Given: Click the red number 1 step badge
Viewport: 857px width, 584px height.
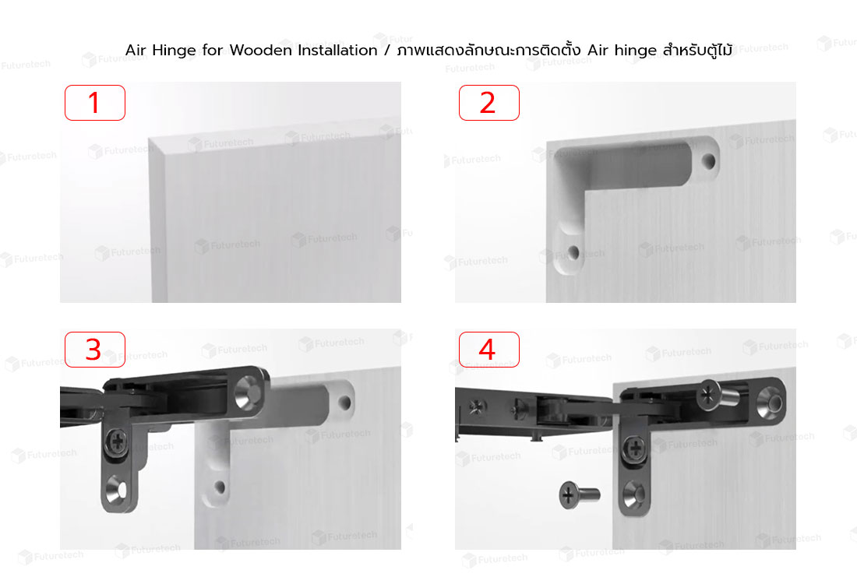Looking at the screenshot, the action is (95, 103).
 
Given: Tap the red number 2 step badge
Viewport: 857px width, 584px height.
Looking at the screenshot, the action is (489, 103).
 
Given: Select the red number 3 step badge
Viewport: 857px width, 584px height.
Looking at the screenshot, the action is (95, 350).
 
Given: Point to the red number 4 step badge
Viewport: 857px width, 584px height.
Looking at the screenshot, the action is (489, 350).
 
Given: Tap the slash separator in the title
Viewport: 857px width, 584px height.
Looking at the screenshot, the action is (387, 51).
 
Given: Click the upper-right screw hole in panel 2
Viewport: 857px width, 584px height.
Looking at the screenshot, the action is (708, 161).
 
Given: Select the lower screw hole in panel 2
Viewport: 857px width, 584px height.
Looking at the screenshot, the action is (573, 252).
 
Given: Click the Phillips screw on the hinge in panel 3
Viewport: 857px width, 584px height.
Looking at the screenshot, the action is (118, 441).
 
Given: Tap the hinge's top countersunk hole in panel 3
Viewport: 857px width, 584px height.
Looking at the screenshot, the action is (248, 396).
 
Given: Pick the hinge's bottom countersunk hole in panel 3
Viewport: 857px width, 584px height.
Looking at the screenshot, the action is (117, 488).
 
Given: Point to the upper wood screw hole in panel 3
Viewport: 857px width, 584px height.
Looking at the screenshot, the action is (344, 403).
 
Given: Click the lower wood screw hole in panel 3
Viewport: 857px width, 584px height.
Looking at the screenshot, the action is (220, 486).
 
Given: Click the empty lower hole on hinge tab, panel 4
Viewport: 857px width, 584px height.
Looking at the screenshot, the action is (634, 495).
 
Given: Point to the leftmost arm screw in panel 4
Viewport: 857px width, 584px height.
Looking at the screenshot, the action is (476, 407).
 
